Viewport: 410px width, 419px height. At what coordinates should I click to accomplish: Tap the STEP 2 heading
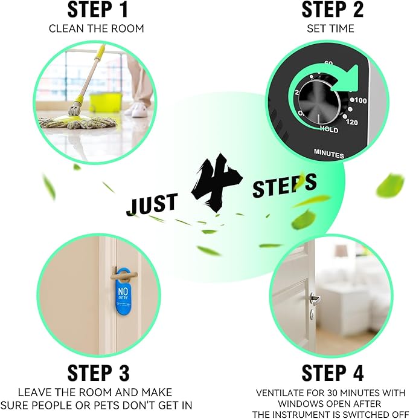click(x=332, y=10)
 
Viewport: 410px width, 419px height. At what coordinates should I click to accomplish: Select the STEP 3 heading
click(x=98, y=372)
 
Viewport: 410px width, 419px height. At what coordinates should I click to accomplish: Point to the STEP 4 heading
click(x=332, y=372)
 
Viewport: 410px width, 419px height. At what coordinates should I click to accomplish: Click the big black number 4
click(x=217, y=183)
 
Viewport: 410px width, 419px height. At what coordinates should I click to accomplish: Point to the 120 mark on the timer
click(x=352, y=123)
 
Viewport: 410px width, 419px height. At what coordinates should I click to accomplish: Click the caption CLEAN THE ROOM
click(x=97, y=28)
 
